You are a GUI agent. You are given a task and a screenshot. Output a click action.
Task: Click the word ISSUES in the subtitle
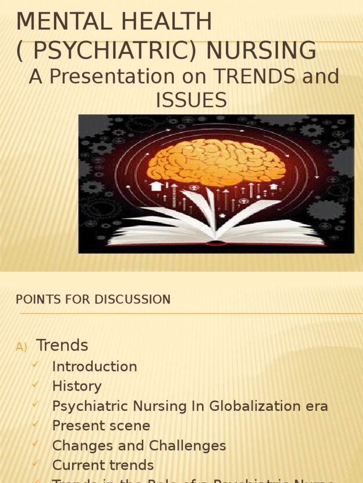pyautogui.click(x=191, y=100)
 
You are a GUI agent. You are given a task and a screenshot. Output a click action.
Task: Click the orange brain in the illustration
pyautogui.click(x=216, y=162)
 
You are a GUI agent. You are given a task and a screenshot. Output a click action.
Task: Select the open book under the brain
pyautogui.click(x=216, y=225)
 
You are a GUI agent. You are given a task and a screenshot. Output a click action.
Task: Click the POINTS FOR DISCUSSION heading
pyautogui.click(x=93, y=300)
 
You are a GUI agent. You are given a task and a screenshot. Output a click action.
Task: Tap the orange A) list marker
pyautogui.click(x=21, y=347)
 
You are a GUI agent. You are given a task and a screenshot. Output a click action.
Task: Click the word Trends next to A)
pyautogui.click(x=62, y=345)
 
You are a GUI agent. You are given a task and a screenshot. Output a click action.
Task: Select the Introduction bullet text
pyautogui.click(x=95, y=366)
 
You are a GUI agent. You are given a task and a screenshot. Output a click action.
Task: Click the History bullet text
pyautogui.click(x=77, y=386)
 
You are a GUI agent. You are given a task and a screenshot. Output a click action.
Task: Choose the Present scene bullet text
pyautogui.click(x=101, y=426)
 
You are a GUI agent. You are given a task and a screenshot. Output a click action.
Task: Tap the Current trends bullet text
pyautogui.click(x=103, y=465)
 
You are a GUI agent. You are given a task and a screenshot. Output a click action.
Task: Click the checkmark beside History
pyautogui.click(x=35, y=385)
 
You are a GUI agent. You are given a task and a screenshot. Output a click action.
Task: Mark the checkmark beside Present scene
pyautogui.click(x=35, y=425)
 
